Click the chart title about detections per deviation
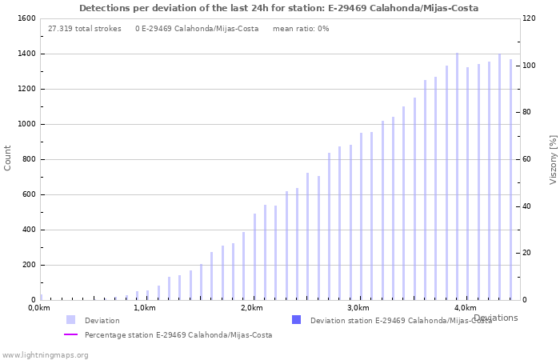pos(278,8)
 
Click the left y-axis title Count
pos(8,158)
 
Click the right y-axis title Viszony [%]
pos(552,159)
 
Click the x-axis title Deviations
pos(495,318)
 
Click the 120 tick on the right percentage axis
pos(530,18)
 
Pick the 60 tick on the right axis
pos(528,159)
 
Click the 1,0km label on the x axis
pos(144,308)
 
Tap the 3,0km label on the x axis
pos(358,308)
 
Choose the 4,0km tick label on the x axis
pos(465,308)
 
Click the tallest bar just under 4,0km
pos(458,176)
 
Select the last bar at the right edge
pos(510,179)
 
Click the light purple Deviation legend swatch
pos(71,320)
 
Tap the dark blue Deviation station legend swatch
pos(296,320)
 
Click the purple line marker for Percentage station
pos(71,335)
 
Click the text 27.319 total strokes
pos(85,29)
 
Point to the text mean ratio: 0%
pos(301,29)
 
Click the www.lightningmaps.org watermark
pos(46,354)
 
